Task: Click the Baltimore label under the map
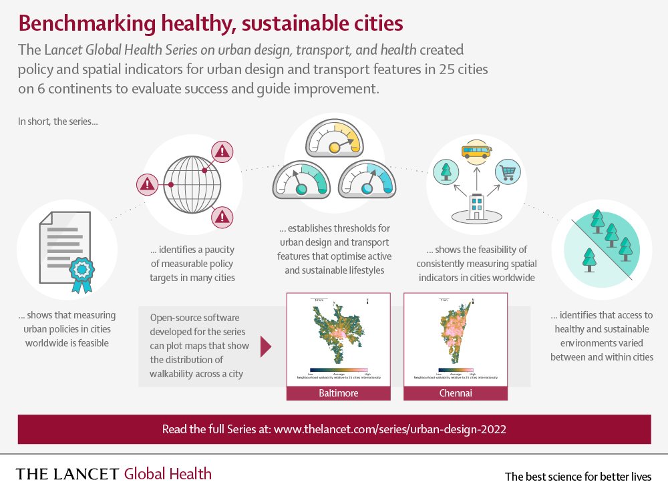pos(338,393)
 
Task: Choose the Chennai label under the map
pos(456,393)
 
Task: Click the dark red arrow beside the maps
pos(266,346)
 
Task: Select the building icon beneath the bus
pos(476,206)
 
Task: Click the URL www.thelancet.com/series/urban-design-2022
pos(389,429)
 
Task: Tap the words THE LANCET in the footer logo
pos(67,475)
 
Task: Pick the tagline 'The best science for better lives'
pos(578,477)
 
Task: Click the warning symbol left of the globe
pos(146,183)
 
